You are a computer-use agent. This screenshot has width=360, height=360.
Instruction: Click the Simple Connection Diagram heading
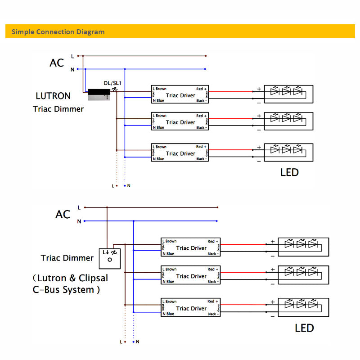(58, 32)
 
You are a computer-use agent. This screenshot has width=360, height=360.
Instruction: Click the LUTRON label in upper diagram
(53, 96)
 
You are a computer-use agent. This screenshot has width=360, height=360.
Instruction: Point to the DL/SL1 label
(112, 83)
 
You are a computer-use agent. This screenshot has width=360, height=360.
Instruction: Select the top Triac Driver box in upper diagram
(180, 95)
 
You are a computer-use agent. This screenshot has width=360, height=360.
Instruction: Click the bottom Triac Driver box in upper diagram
(180, 153)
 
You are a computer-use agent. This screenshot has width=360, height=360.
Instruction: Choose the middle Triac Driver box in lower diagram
(191, 276)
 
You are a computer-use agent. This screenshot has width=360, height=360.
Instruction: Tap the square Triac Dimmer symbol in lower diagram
(110, 258)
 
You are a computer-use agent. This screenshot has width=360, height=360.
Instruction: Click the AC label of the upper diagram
(57, 63)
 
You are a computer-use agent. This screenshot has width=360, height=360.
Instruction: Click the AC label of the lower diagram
(63, 215)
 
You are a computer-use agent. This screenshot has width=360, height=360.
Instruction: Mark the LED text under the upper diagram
(289, 172)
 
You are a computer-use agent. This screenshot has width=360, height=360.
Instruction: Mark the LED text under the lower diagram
(304, 328)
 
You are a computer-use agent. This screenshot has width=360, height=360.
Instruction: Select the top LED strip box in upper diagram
(288, 94)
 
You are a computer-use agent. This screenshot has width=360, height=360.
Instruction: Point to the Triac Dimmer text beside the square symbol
(67, 258)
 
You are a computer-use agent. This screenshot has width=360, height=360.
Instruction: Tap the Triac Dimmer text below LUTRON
(58, 109)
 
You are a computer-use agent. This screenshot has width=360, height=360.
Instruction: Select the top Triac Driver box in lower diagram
(191, 247)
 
